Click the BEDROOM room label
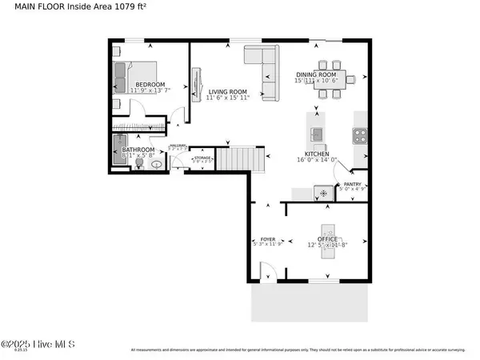pos(150,85)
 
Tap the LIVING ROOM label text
pos(227,93)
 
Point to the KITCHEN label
pos(318,154)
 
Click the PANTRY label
pos(353,185)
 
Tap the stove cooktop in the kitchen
pos(360,135)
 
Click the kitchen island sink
pos(317,133)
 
